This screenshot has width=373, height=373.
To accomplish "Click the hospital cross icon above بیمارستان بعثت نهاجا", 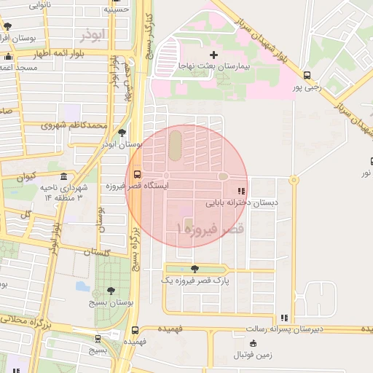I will tap(213, 55).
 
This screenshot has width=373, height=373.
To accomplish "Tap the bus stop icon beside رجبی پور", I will tap(307, 74).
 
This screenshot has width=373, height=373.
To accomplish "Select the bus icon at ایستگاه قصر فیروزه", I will tap(137, 174).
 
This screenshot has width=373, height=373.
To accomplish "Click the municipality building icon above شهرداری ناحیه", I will tap(64, 177).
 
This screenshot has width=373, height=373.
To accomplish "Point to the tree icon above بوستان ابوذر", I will tap(122, 133).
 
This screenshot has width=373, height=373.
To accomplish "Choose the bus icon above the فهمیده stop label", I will tap(133, 329).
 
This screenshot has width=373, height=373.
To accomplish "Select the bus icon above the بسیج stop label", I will tap(98, 338).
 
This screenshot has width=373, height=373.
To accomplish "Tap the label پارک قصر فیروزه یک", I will tap(192, 280).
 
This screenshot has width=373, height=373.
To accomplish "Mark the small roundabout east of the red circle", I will tap(294, 179).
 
